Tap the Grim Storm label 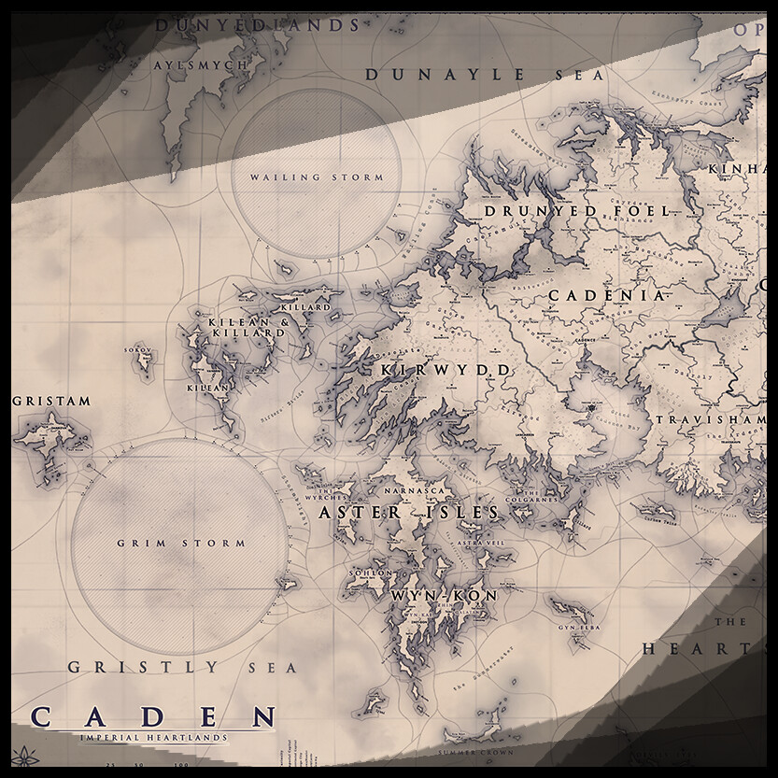click(x=181, y=543)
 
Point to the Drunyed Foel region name click(x=576, y=212)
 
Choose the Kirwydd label click(x=446, y=371)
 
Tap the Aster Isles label click(x=408, y=514)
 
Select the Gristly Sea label click(x=182, y=668)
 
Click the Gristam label click(x=52, y=402)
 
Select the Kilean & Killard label click(x=248, y=326)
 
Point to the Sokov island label click(x=143, y=351)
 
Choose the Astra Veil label click(x=479, y=541)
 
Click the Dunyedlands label click(x=257, y=25)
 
